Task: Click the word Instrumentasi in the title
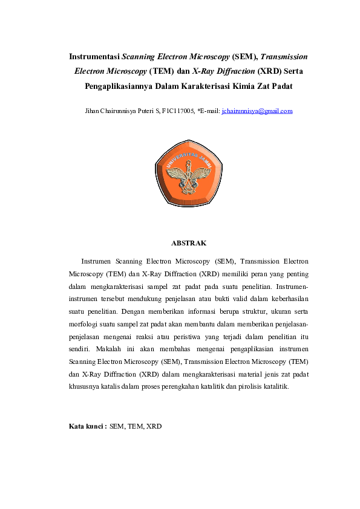click(x=94, y=57)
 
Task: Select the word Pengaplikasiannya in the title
click(x=117, y=86)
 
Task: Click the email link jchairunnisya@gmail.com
click(x=257, y=111)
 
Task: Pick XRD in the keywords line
click(x=154, y=426)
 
